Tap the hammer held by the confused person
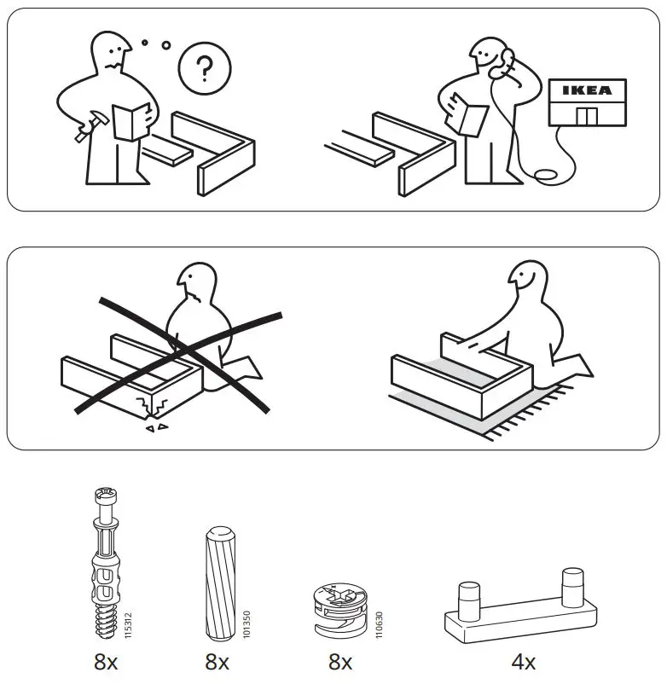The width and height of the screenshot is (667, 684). click(85, 129)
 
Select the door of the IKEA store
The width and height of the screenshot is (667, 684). click(587, 115)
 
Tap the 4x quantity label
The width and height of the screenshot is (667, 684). click(523, 662)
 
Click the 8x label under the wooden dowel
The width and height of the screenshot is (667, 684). click(217, 662)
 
